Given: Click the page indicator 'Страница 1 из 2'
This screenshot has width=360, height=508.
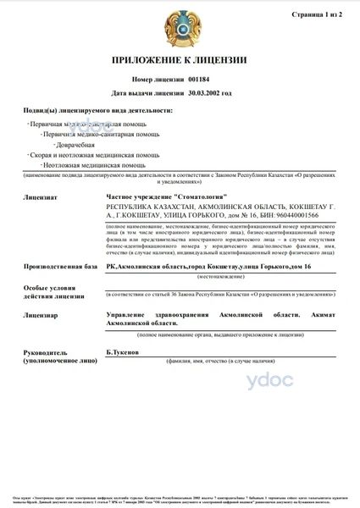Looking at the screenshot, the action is click(318, 15).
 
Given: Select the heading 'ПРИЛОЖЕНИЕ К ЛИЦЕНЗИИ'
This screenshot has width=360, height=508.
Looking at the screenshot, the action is click(180, 60).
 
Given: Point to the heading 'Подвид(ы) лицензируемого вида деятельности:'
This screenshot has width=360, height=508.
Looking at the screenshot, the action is click(100, 111).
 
